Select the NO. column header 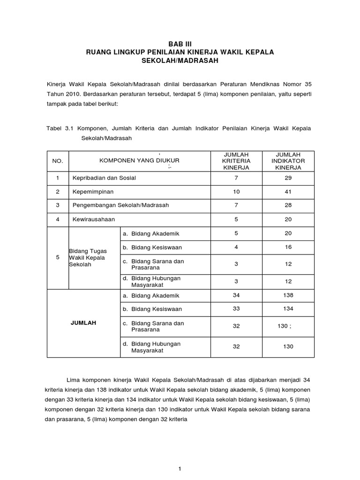(58, 161)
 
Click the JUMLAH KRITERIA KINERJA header (236, 160)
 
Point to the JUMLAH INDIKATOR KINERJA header (288, 160)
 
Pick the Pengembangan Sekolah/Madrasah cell (120, 205)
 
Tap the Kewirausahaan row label (94, 219)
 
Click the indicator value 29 (288, 178)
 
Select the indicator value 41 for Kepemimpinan (288, 192)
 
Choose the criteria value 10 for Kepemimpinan (236, 192)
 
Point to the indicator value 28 (288, 205)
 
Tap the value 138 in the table (288, 295)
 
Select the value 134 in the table (288, 309)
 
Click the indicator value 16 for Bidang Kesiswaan (288, 247)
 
